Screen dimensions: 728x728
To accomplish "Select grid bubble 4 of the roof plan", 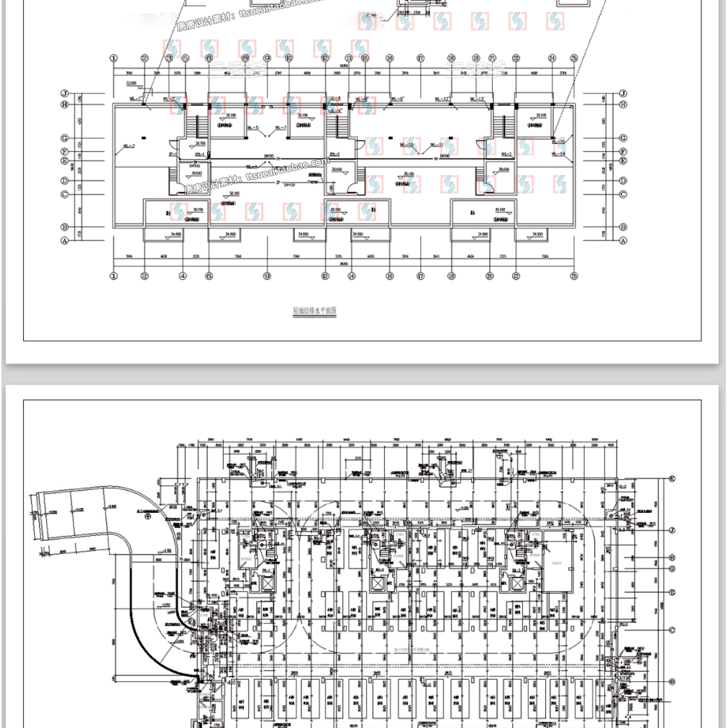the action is pos(183,276).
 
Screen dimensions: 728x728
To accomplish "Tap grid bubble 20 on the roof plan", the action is pos(489,276).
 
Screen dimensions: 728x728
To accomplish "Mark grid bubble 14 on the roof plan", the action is pos(352,276).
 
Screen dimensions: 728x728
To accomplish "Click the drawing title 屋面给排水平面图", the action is pos(315,311).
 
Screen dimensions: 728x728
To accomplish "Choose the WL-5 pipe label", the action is pos(252,128).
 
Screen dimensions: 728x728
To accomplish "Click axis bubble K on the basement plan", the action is pos(673,478).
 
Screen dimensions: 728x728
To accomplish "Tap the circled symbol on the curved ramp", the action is pos(147,516).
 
